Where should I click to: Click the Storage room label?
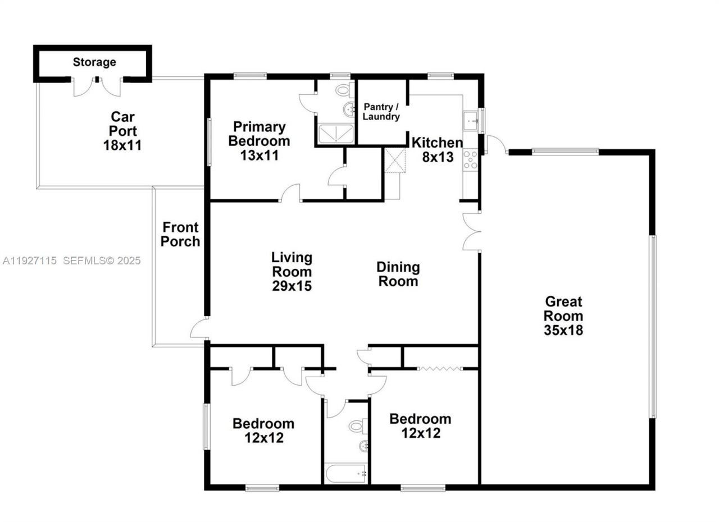pos(94,62)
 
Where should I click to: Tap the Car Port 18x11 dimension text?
pos(122,145)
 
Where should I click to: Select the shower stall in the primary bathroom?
pos(335,134)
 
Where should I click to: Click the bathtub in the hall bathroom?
pos(346,474)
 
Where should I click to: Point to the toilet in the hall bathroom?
pos(357,427)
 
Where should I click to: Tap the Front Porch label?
pos(180,235)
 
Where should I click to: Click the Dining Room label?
pos(398,274)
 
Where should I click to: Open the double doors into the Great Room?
pos(471,231)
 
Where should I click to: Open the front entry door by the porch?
pos(199,328)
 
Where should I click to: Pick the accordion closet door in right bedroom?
pos(440,368)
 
